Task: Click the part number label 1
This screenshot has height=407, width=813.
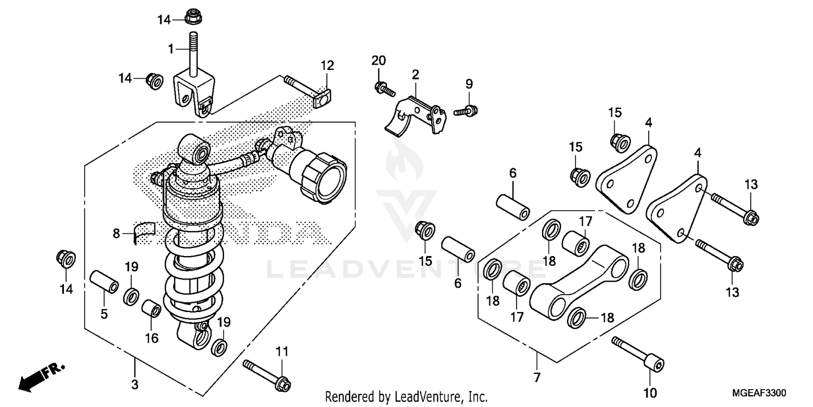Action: pyautogui.click(x=170, y=49)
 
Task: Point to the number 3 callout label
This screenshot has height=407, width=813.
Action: pyautogui.click(x=134, y=385)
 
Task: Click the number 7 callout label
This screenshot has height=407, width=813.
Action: pyautogui.click(x=536, y=376)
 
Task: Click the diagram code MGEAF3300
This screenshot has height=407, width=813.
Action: pyautogui.click(x=759, y=392)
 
